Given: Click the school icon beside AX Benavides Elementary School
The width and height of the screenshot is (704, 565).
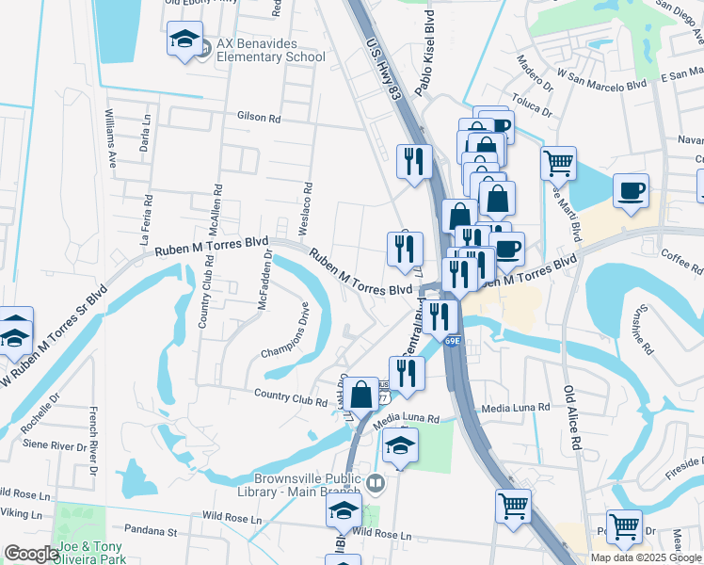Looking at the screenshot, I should (184, 40).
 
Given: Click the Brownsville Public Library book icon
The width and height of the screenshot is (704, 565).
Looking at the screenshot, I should (376, 484).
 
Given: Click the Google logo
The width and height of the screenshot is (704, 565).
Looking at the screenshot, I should (31, 554).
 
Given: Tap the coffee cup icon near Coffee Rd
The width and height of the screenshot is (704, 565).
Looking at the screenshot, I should (630, 189).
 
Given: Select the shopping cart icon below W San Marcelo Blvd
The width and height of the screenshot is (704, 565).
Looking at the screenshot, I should (558, 162).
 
